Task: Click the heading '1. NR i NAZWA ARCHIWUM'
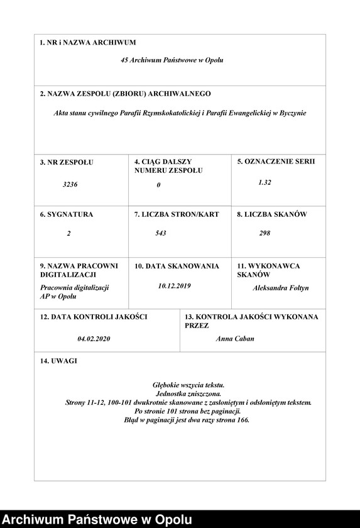point(87,43)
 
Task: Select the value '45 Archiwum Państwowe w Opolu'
point(172,60)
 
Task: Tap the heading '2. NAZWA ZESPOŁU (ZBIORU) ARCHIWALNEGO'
point(125,94)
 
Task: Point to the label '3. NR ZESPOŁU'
point(66,162)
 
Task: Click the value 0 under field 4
point(159,185)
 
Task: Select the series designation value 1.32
point(265,182)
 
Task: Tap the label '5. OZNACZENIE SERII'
point(276,162)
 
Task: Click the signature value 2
point(68,233)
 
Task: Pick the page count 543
point(161,233)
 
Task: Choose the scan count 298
point(265,233)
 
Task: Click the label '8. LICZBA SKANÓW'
point(271,214)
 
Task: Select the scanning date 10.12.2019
point(175,286)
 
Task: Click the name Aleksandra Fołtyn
point(281,288)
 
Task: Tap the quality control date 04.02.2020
point(94,339)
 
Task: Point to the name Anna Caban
point(235,339)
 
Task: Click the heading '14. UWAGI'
point(60,361)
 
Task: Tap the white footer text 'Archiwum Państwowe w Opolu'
point(97,519)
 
